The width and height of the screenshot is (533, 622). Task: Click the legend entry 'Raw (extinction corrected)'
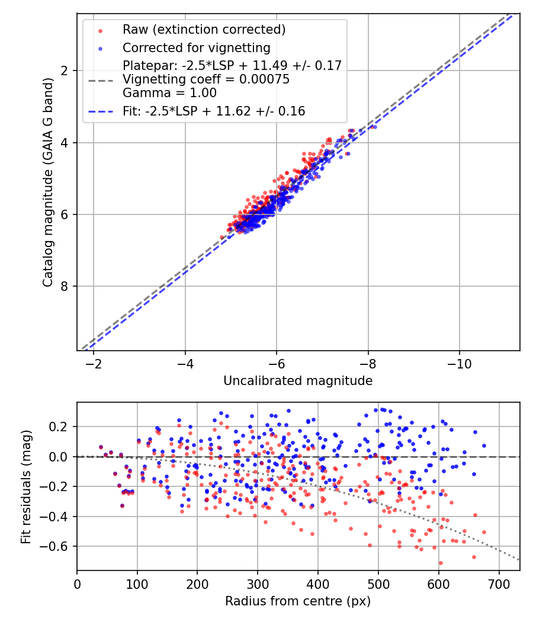(x=204, y=29)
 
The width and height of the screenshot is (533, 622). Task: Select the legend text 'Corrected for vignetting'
(x=196, y=47)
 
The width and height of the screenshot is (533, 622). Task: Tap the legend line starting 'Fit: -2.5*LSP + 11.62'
(x=214, y=111)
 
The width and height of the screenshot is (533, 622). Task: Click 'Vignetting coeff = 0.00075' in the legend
(x=206, y=79)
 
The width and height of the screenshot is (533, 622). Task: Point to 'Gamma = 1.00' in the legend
(x=169, y=93)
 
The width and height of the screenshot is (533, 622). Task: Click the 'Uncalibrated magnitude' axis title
(x=298, y=381)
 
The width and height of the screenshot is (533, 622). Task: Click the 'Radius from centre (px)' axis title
(x=298, y=601)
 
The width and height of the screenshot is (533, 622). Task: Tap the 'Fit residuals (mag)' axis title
(x=25, y=486)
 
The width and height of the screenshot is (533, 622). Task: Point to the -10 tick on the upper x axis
(x=460, y=363)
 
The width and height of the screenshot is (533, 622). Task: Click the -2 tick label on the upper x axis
(x=94, y=363)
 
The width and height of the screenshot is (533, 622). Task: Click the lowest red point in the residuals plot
(x=441, y=563)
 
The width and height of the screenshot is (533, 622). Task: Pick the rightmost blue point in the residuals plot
(x=484, y=445)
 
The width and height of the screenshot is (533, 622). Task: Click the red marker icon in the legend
(x=100, y=30)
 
